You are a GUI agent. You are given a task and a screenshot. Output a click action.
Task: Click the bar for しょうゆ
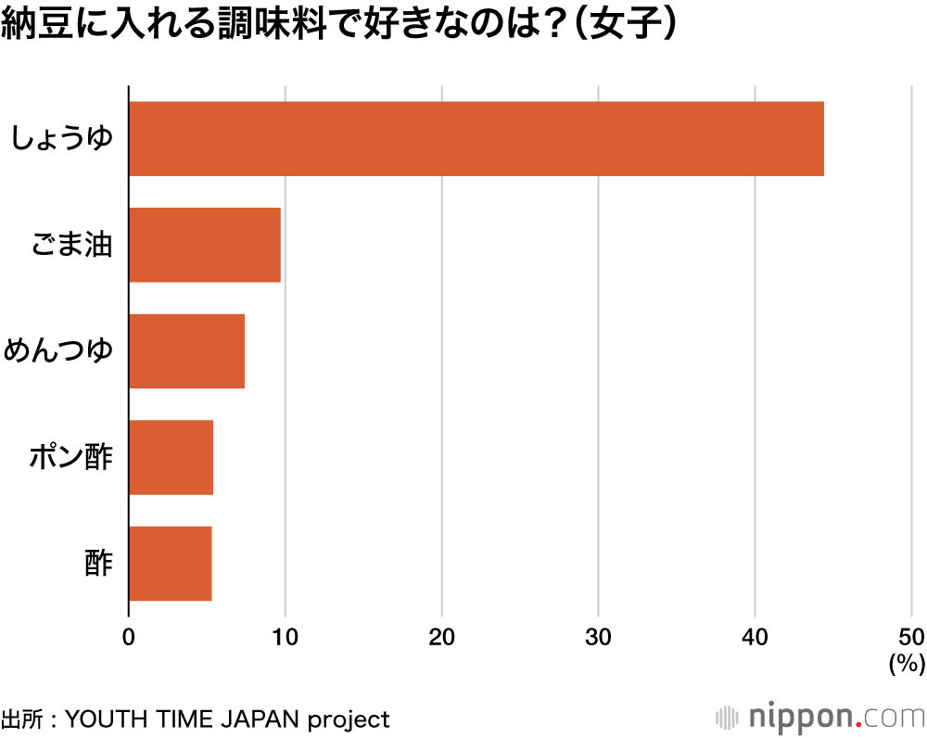[476, 139]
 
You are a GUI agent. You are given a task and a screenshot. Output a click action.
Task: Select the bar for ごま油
[205, 245]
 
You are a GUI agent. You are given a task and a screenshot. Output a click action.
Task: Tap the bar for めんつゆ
[186, 351]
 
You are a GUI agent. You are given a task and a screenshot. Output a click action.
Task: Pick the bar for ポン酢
[171, 457]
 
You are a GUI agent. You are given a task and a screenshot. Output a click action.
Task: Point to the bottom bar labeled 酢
[170, 564]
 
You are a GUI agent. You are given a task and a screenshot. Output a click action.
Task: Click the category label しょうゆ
[61, 139]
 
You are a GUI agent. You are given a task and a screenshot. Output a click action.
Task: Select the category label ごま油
[71, 246]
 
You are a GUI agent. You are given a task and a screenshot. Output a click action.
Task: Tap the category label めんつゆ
[58, 352]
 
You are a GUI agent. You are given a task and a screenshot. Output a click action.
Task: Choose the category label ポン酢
[71, 458]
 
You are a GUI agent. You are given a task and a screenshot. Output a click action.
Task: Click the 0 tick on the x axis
[129, 637]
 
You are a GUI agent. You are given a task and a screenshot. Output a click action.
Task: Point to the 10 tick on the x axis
[285, 637]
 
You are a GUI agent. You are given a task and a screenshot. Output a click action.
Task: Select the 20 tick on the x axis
[441, 637]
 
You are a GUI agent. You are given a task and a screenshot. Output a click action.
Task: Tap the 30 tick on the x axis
[598, 637]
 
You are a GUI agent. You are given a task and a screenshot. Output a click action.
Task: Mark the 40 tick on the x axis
[755, 637]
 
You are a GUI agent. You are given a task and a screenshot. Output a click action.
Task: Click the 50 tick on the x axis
[911, 637]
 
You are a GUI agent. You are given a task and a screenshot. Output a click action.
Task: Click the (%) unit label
[907, 664]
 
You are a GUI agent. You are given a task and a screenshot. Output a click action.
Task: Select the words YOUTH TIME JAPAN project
[228, 719]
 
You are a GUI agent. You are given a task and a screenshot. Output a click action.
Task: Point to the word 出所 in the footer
[23, 719]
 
